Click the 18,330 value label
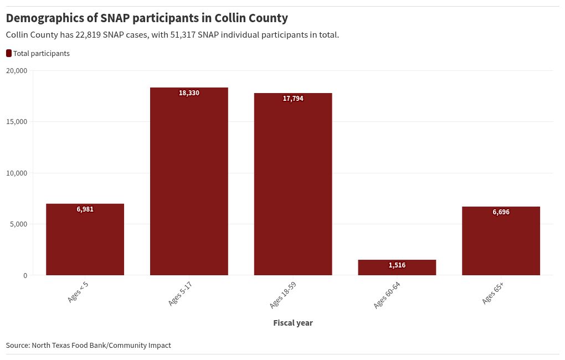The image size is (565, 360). point(189,93)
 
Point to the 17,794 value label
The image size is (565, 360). point(293,99)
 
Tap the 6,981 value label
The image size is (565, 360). point(85,209)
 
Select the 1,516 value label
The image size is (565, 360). point(397,265)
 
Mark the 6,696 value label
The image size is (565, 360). point(501,212)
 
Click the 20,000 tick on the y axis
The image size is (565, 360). point(17,70)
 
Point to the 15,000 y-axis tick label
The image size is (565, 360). point(17,122)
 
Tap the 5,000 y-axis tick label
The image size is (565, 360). point(18,224)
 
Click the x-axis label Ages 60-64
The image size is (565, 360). point(387,295)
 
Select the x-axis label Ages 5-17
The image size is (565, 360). point(180,294)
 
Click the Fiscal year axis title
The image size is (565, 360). point(293,323)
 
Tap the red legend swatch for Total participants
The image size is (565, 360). point(8,53)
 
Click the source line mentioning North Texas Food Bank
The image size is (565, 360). point(89,345)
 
